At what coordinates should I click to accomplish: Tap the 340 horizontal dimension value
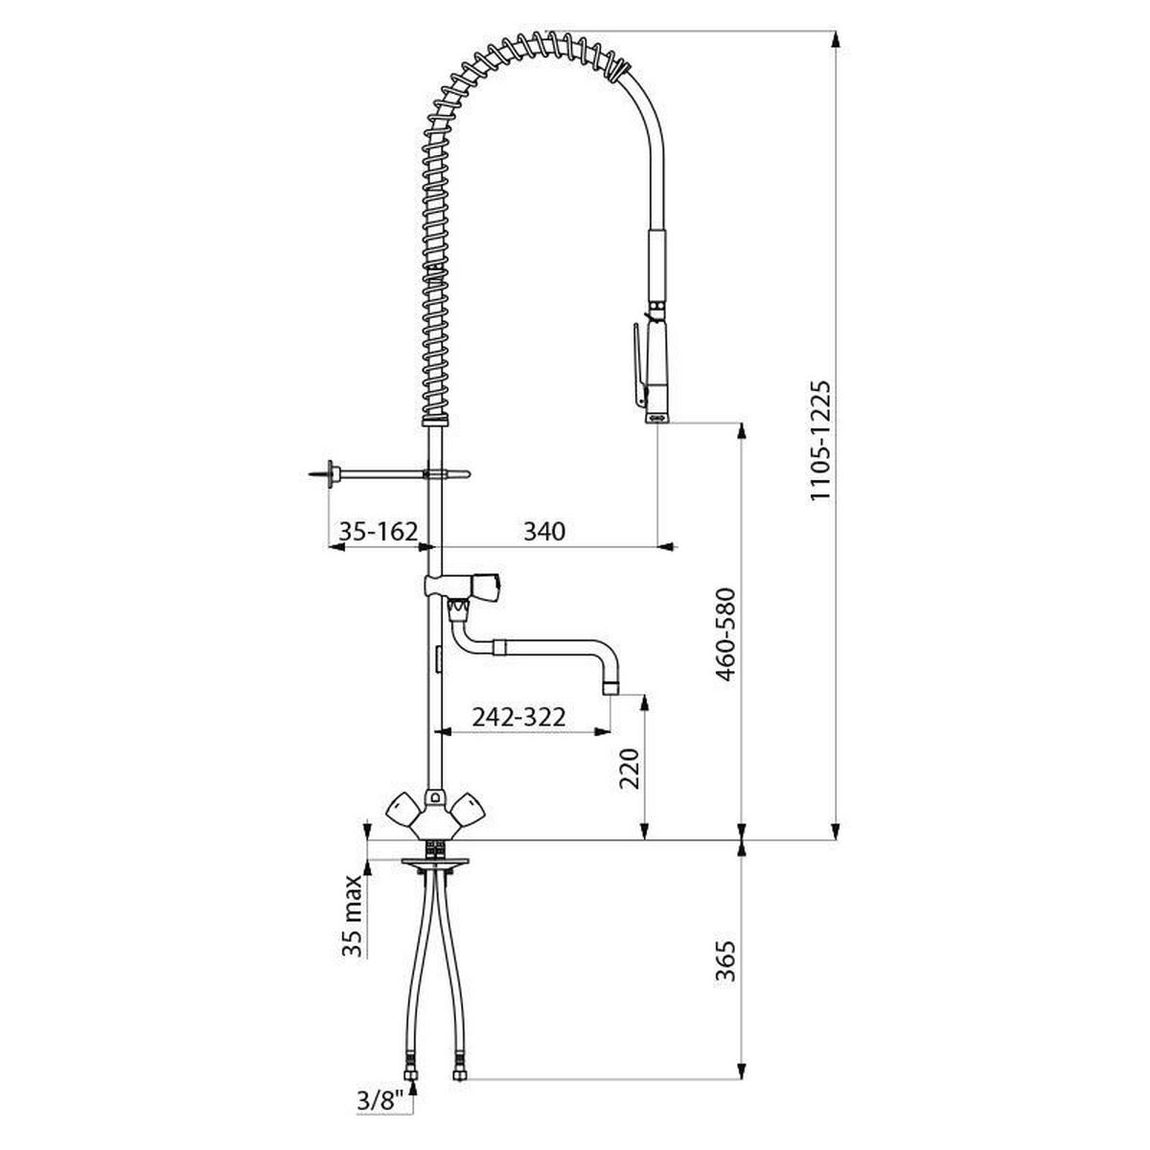[x=543, y=530]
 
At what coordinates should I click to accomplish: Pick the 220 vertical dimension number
[x=629, y=769]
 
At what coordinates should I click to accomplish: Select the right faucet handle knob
[x=471, y=811]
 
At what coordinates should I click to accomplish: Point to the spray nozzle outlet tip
[x=657, y=418]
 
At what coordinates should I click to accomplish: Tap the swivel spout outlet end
[x=610, y=686]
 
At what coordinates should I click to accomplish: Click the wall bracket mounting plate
[x=332, y=473]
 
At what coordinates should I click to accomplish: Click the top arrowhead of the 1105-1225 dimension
[x=837, y=38]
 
